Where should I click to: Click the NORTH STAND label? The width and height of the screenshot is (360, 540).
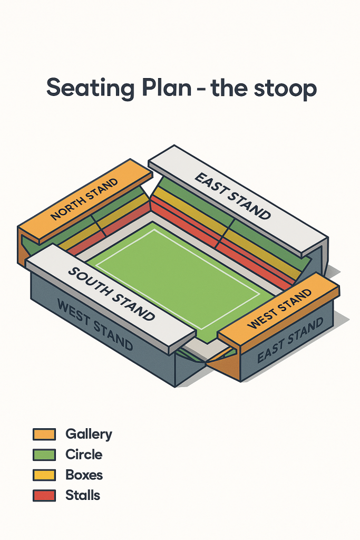pyautogui.click(x=84, y=199)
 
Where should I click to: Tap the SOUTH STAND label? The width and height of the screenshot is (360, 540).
pyautogui.click(x=112, y=294)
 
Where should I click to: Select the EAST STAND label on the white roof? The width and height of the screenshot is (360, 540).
pyautogui.click(x=233, y=196)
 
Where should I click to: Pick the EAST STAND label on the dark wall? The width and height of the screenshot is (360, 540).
pyautogui.click(x=290, y=341)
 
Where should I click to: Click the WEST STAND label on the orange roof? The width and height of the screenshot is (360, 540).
pyautogui.click(x=279, y=308)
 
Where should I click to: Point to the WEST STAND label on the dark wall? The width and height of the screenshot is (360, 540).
pyautogui.click(x=94, y=325)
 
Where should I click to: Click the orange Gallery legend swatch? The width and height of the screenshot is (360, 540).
pyautogui.click(x=44, y=434)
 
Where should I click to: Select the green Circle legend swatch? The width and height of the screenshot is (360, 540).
pyautogui.click(x=44, y=455)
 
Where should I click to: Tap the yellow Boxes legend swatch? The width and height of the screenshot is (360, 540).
pyautogui.click(x=44, y=475)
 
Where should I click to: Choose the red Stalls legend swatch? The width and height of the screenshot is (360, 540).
pyautogui.click(x=44, y=495)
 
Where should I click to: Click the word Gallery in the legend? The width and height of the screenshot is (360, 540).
pyautogui.click(x=89, y=435)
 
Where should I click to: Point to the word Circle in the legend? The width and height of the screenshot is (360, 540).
pyautogui.click(x=84, y=455)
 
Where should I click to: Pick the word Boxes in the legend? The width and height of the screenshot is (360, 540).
pyautogui.click(x=84, y=475)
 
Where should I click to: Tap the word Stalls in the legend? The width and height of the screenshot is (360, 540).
pyautogui.click(x=83, y=495)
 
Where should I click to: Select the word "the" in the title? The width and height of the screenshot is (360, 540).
pyautogui.click(x=232, y=88)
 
